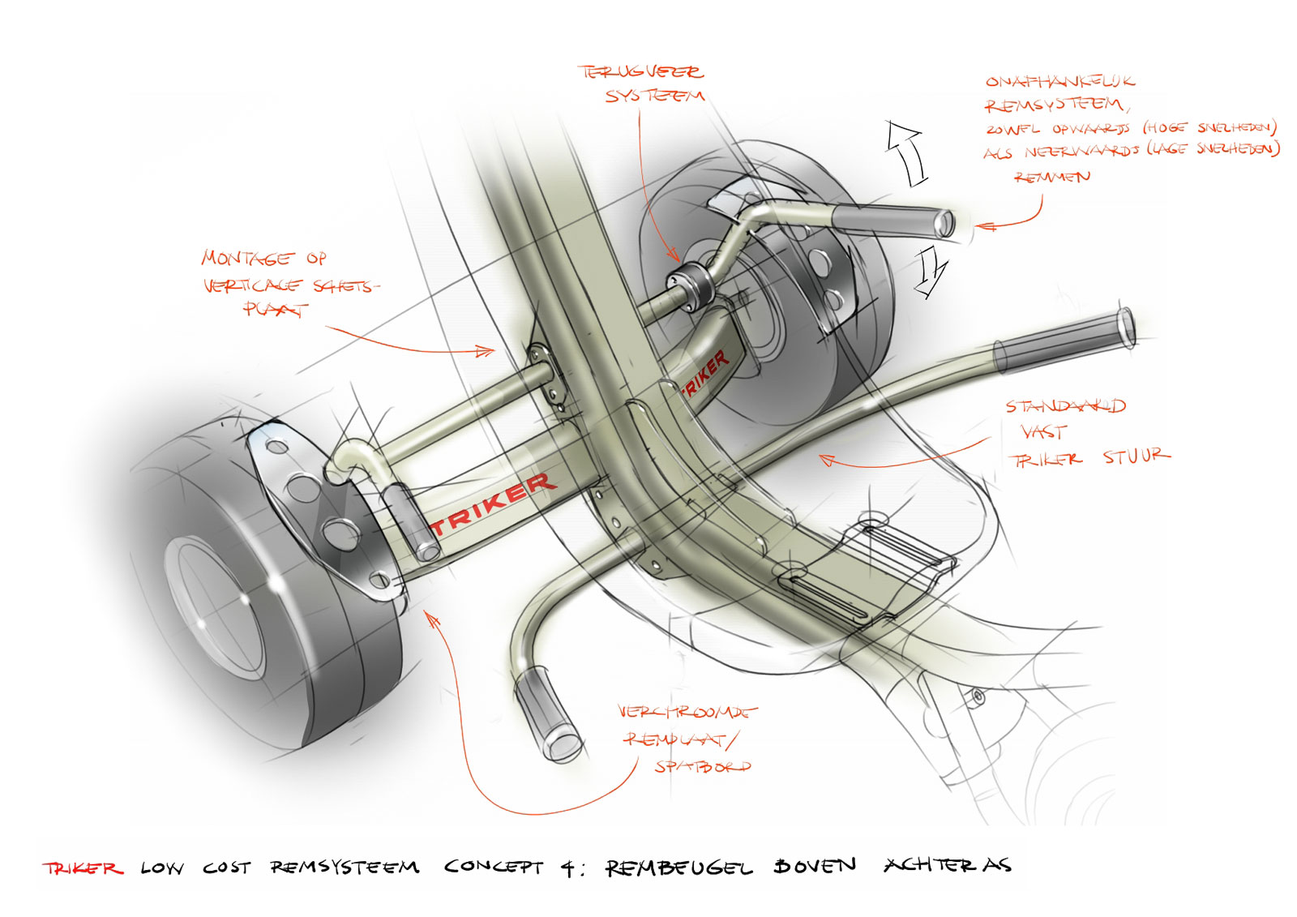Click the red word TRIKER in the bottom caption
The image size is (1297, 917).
pos(83,868)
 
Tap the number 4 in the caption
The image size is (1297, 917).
pos(569,868)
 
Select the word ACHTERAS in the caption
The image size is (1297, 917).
pos(948,865)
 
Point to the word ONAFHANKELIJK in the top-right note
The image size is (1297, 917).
pos(1059,81)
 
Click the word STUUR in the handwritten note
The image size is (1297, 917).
pos(1136,456)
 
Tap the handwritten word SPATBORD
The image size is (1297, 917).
pos(702,766)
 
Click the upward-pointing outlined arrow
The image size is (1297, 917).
pos(907,152)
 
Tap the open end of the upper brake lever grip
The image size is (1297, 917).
pos(944,223)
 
